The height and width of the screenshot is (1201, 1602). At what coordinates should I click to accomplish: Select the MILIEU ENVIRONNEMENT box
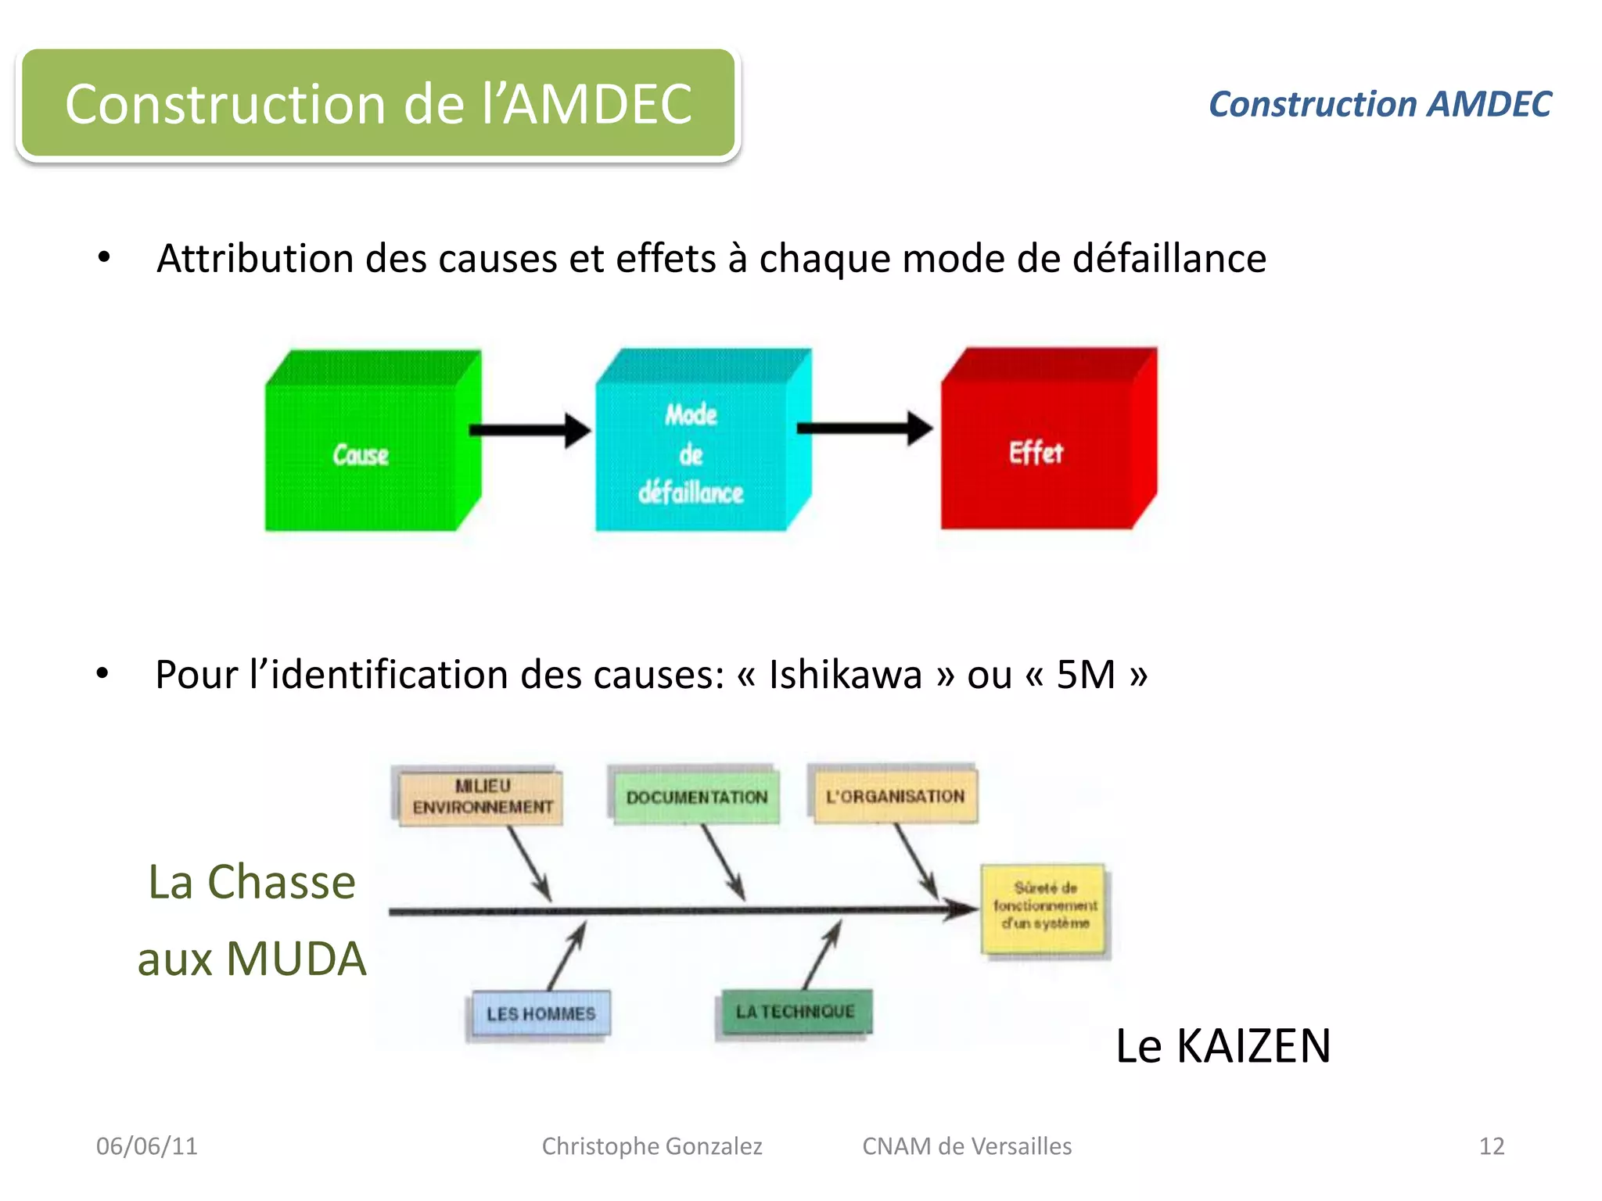(481, 797)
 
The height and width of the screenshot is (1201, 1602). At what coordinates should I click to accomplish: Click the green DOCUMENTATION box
(696, 797)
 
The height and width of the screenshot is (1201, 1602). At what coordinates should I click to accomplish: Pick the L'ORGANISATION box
(895, 796)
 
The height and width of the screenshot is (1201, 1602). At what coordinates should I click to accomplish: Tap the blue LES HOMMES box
(541, 1014)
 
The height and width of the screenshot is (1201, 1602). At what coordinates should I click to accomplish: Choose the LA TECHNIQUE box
(795, 1012)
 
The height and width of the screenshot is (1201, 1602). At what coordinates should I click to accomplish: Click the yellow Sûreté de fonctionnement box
(1044, 907)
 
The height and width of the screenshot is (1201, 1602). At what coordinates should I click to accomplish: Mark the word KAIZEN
(1253, 1046)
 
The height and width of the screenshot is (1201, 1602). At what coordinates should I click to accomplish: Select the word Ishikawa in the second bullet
(845, 674)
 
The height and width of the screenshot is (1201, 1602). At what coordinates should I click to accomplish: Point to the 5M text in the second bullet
(1086, 674)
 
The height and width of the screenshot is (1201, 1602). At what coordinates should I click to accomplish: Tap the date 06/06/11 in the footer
(147, 1146)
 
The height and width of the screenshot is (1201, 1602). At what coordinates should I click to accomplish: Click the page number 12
(1491, 1146)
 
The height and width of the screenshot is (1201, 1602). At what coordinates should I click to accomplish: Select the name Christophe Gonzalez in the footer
(652, 1146)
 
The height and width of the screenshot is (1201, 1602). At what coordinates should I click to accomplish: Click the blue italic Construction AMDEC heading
(1380, 105)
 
